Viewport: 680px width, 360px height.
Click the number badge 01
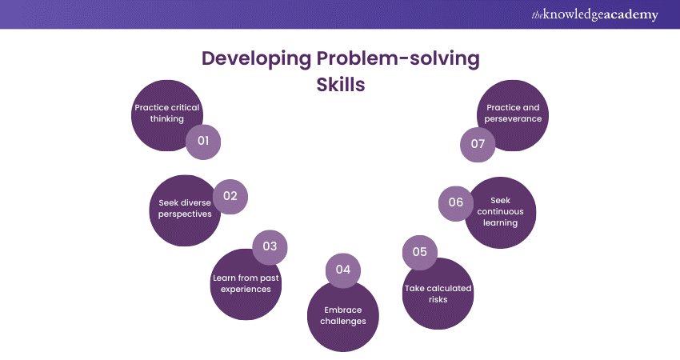click(203, 142)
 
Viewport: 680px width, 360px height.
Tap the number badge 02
click(230, 196)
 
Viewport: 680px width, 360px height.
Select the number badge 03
click(270, 246)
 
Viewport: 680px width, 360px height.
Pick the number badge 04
click(343, 270)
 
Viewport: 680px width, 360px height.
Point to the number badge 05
click(419, 252)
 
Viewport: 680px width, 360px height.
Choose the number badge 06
click(456, 202)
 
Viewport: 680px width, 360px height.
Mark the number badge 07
click(478, 145)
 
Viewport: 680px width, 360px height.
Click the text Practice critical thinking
click(166, 112)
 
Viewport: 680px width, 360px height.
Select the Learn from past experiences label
click(246, 283)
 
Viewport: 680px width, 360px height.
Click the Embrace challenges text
click(342, 314)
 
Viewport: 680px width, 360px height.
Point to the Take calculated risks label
click(438, 294)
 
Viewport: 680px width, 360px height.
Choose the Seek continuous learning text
click(500, 212)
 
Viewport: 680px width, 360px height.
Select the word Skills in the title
click(341, 85)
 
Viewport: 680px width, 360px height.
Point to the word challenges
click(342, 321)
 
